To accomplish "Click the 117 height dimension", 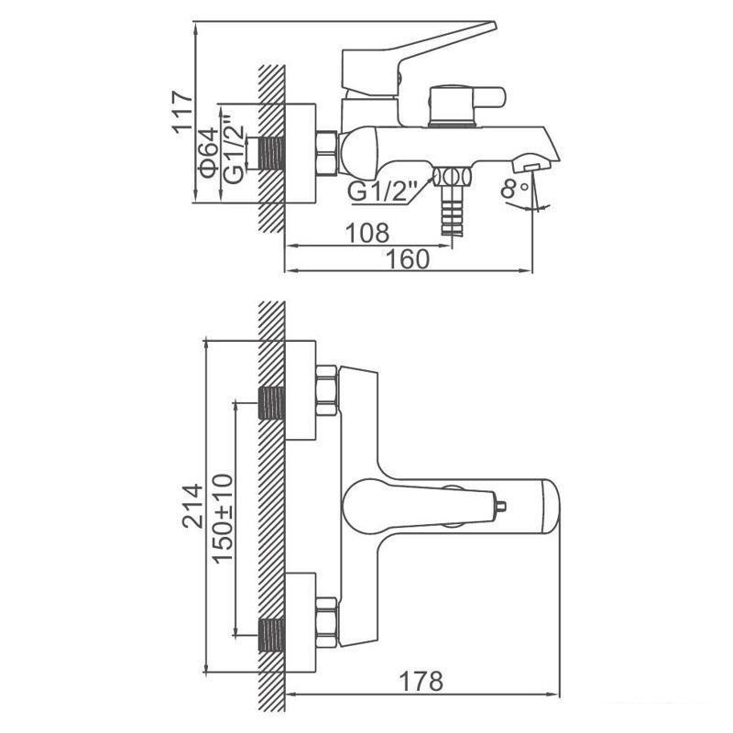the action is coord(182,112).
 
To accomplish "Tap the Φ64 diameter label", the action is coord(209,153).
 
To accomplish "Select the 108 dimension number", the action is coord(367,233).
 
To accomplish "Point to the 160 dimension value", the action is coord(407,258).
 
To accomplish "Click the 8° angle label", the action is coord(515,189).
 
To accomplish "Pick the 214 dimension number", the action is coord(192,507).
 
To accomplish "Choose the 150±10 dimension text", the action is coord(223,519).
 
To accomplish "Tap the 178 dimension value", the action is coord(421,681).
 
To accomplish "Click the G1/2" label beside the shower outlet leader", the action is coord(382,191).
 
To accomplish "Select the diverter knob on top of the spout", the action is coord(467,105).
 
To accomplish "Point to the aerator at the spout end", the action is coord(531,164).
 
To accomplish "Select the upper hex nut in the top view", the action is coord(326,391).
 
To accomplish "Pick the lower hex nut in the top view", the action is coord(326,623).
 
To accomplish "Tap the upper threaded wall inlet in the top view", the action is coord(271,403).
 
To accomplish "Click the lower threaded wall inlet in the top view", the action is coord(271,635).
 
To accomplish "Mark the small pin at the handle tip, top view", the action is coord(500,506).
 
